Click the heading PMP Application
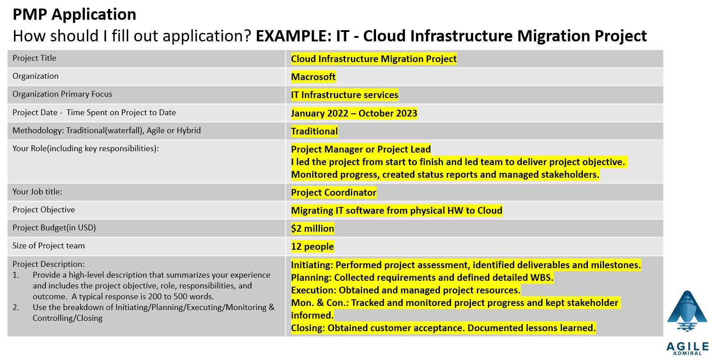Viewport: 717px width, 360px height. tap(74, 14)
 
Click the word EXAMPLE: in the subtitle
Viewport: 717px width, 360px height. tap(294, 36)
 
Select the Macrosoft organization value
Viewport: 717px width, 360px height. tap(313, 77)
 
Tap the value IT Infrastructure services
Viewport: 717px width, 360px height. tap(344, 95)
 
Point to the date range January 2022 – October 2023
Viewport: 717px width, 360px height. tap(354, 113)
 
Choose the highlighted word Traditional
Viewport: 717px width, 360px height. tap(314, 131)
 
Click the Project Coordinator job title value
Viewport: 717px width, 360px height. tap(333, 193)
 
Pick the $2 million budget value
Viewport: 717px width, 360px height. tap(312, 229)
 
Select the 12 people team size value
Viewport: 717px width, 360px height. tap(312, 247)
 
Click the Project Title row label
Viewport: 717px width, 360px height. tap(34, 58)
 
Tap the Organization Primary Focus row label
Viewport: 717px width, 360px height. tap(62, 94)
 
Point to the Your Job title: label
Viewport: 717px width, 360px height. tap(37, 192)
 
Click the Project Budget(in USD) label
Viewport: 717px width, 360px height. tap(54, 228)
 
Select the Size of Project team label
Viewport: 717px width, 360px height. tap(49, 246)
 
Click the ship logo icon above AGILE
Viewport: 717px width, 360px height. tap(687, 311)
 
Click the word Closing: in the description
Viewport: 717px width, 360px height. tap(308, 328)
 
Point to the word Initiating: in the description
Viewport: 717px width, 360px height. tap(312, 265)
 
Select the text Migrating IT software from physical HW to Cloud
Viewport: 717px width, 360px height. tap(396, 211)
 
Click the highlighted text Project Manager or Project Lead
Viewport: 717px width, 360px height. tap(360, 149)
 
